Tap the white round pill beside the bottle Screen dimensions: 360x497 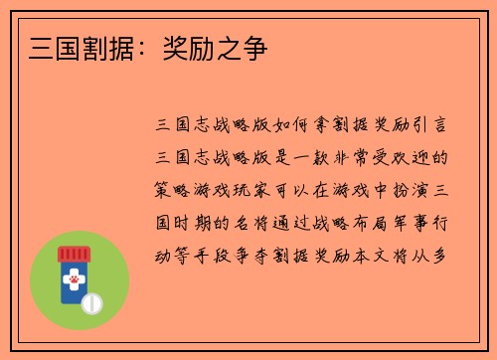94,299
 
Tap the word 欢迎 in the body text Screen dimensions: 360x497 422,158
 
